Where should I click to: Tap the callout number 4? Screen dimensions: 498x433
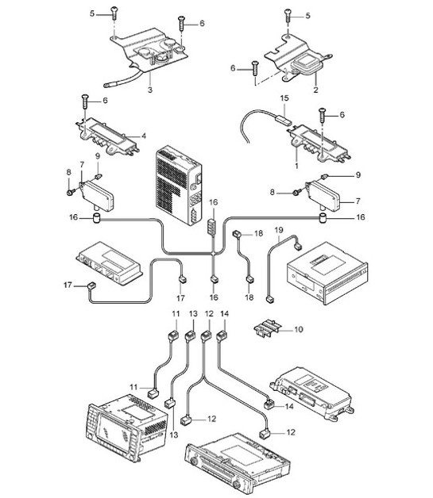click(x=143, y=136)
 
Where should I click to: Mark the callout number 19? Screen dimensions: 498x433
click(x=279, y=229)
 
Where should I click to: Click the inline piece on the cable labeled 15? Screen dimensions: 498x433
click(x=280, y=119)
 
